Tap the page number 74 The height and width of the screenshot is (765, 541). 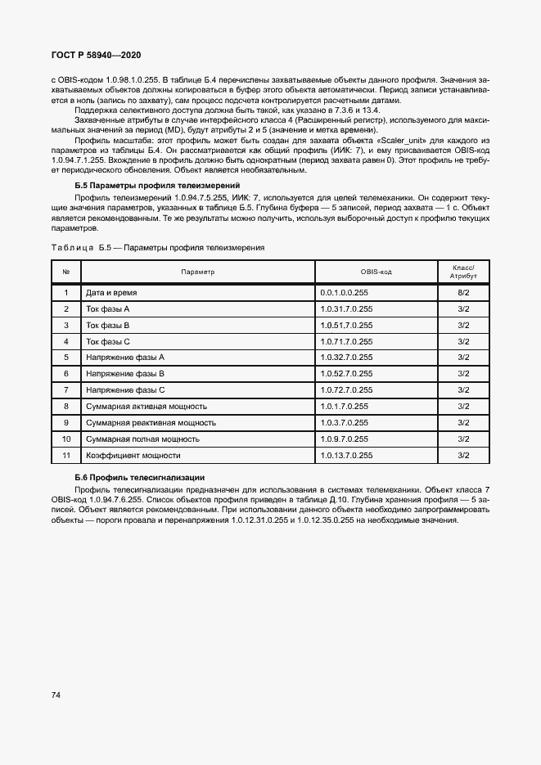[56, 695]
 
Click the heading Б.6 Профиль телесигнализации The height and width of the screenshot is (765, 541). [139, 477]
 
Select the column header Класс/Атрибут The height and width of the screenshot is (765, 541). [462, 272]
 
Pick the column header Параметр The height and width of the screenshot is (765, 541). [197, 272]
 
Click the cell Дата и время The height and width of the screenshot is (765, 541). [112, 292]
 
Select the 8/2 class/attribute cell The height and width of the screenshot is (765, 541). [462, 292]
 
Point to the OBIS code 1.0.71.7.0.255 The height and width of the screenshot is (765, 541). [347, 341]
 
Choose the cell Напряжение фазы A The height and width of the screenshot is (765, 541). [125, 358]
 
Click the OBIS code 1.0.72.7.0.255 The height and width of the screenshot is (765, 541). [347, 390]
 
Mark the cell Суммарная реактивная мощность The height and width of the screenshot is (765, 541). [151, 423]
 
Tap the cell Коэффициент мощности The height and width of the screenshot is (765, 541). [133, 455]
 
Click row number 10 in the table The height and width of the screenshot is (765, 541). [66, 439]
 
